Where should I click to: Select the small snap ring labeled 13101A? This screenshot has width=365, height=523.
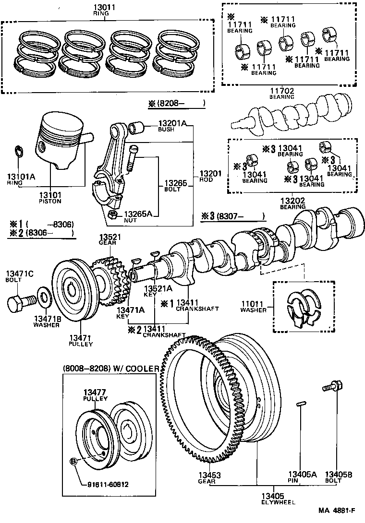click(x=17, y=151)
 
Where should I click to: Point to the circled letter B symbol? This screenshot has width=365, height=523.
click(x=74, y=461)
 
